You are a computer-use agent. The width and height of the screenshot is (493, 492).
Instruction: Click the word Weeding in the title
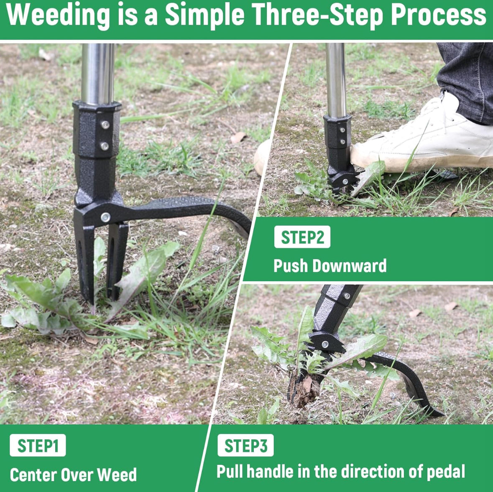click(x=59, y=16)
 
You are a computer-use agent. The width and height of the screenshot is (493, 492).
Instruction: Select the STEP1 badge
click(x=38, y=446)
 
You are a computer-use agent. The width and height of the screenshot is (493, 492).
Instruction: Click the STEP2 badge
click(x=302, y=237)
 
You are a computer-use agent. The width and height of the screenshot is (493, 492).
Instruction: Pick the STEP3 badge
click(x=245, y=446)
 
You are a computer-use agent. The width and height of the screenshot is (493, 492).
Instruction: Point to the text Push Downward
click(x=330, y=266)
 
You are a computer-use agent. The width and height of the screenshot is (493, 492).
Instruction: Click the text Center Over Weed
click(x=73, y=475)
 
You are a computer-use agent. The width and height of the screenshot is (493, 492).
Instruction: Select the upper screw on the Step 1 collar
click(x=105, y=125)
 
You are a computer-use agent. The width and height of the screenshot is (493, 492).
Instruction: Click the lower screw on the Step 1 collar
click(x=105, y=146)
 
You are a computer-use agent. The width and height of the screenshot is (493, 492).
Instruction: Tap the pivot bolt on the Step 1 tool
click(x=105, y=217)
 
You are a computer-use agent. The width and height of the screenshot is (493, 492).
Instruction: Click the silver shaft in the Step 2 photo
click(x=336, y=79)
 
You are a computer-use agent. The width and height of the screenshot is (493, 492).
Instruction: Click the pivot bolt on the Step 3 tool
click(x=325, y=345)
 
